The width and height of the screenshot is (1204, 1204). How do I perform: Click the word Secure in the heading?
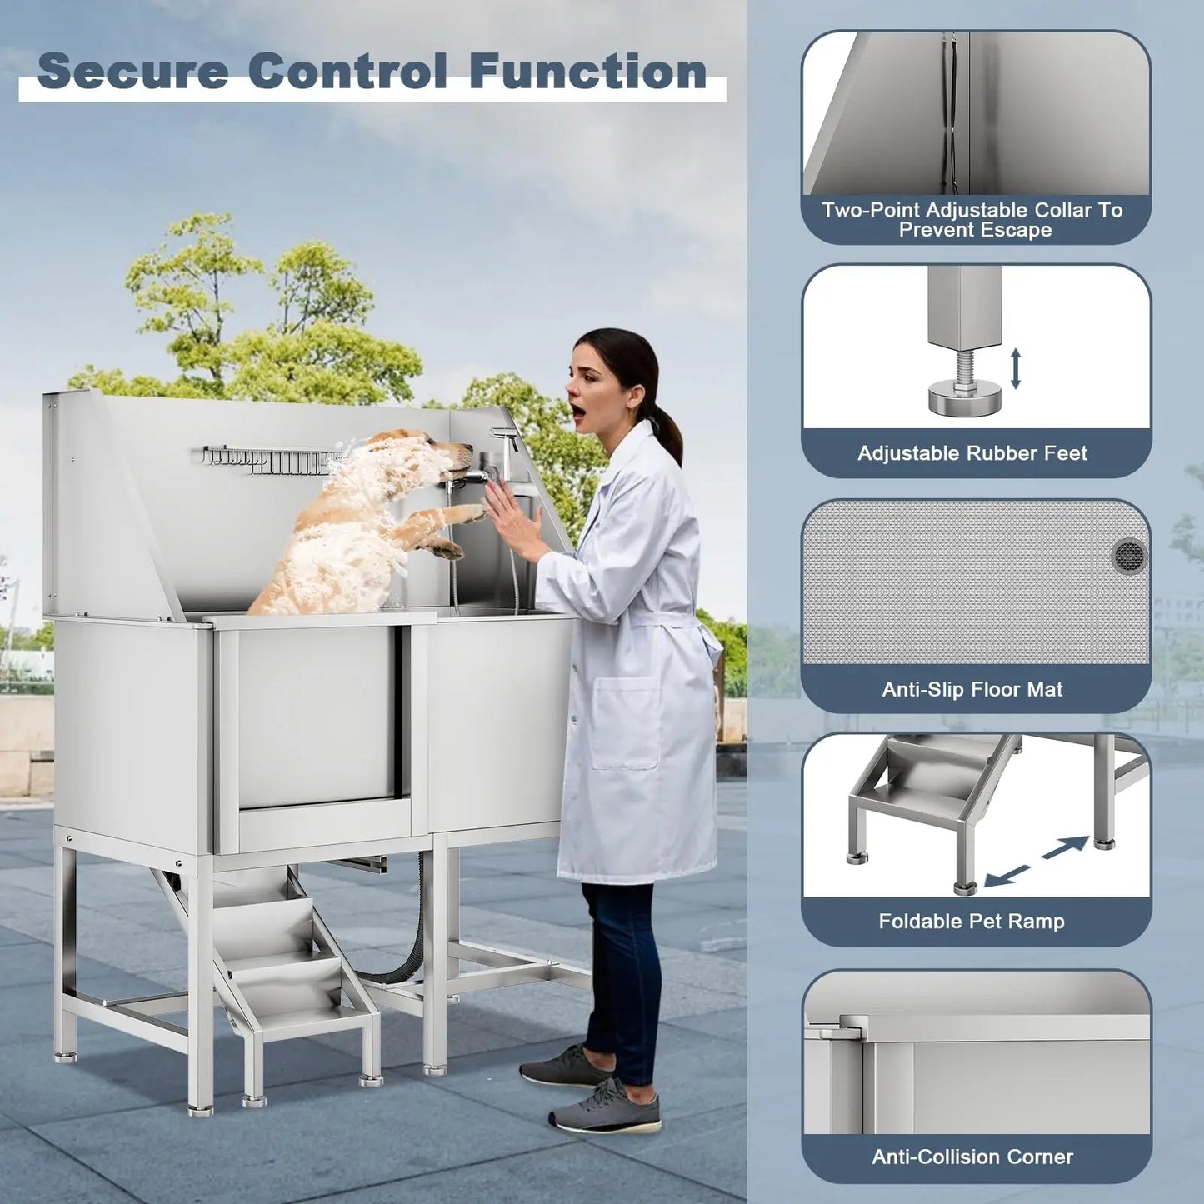tap(133, 72)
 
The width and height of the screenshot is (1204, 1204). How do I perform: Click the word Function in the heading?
tap(587, 72)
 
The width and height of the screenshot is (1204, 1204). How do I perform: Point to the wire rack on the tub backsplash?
tap(267, 460)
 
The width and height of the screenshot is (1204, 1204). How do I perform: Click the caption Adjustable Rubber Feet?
tap(972, 453)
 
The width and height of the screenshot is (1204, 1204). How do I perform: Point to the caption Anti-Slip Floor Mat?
tap(972, 689)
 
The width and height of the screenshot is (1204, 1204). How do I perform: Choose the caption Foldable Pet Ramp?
tap(972, 921)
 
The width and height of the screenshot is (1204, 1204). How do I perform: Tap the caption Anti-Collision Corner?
tap(972, 1157)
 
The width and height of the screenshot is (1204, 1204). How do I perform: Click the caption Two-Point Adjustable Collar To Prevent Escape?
tap(972, 220)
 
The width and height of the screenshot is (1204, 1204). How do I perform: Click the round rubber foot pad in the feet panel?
tap(964, 399)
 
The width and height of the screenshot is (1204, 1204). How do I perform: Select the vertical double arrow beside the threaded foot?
tap(1015, 368)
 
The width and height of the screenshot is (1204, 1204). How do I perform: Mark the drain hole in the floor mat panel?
tap(1129, 554)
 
